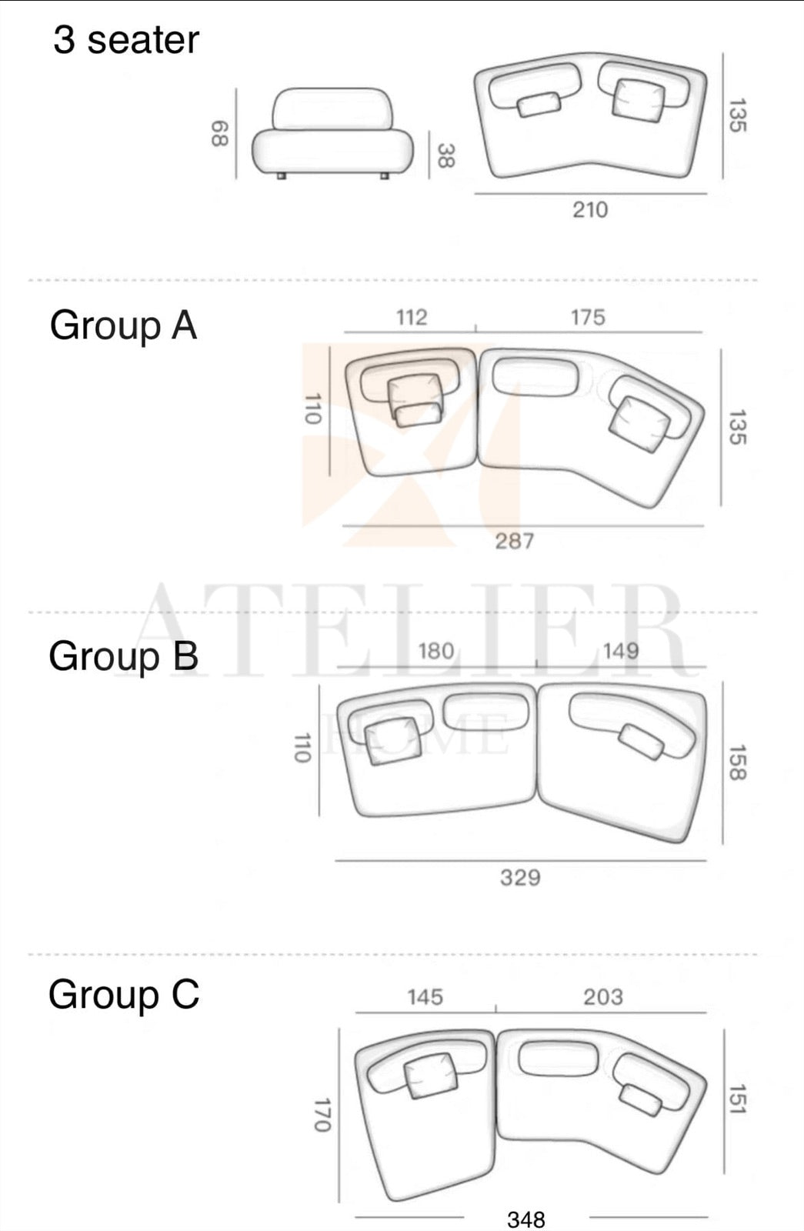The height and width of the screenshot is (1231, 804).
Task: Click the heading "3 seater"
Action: coord(126,40)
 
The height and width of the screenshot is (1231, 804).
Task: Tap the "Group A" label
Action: coord(123,326)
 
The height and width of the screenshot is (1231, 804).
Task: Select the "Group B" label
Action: coord(124,656)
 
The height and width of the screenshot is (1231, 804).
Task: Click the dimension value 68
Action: coord(219,134)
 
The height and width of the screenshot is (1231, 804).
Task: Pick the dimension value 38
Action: coord(445,155)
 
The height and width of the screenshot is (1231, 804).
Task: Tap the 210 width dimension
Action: coord(590,210)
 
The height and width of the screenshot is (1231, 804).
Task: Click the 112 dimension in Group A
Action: coord(412,317)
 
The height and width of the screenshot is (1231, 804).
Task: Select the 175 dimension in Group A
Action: coord(588,317)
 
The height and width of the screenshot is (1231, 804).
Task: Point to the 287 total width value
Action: coord(515,542)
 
